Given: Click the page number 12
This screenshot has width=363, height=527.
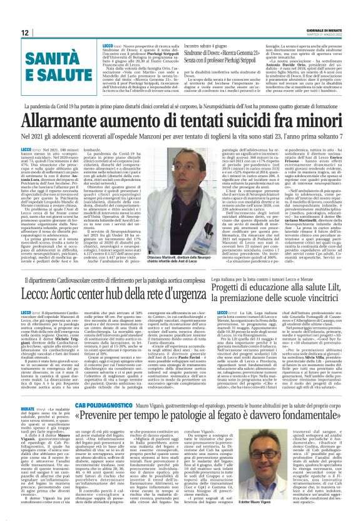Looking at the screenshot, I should [x=24, y=33].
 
